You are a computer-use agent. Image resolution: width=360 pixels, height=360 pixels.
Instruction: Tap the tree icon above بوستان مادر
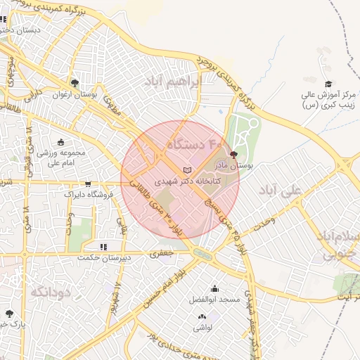pyautogui.click(x=234, y=154)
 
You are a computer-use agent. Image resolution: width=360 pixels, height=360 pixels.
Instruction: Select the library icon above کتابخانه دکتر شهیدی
pyautogui.click(x=186, y=170)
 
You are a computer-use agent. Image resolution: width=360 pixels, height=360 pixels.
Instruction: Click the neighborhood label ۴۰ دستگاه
pyautogui.click(x=190, y=145)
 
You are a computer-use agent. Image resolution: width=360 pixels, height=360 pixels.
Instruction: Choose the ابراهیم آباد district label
pyautogui.click(x=172, y=83)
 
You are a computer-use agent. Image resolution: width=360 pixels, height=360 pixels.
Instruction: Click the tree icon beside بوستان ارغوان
pyautogui.click(x=75, y=83)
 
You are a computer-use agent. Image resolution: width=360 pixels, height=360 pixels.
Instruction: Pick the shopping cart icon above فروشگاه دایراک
pyautogui.click(x=88, y=184)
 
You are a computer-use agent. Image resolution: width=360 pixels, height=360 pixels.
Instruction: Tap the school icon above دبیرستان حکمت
pyautogui.click(x=103, y=247)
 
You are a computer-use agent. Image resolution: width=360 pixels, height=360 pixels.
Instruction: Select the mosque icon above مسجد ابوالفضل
pyautogui.click(x=214, y=289)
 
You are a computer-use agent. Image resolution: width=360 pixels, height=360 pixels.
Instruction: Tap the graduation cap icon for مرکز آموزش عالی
pyautogui.click(x=328, y=84)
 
